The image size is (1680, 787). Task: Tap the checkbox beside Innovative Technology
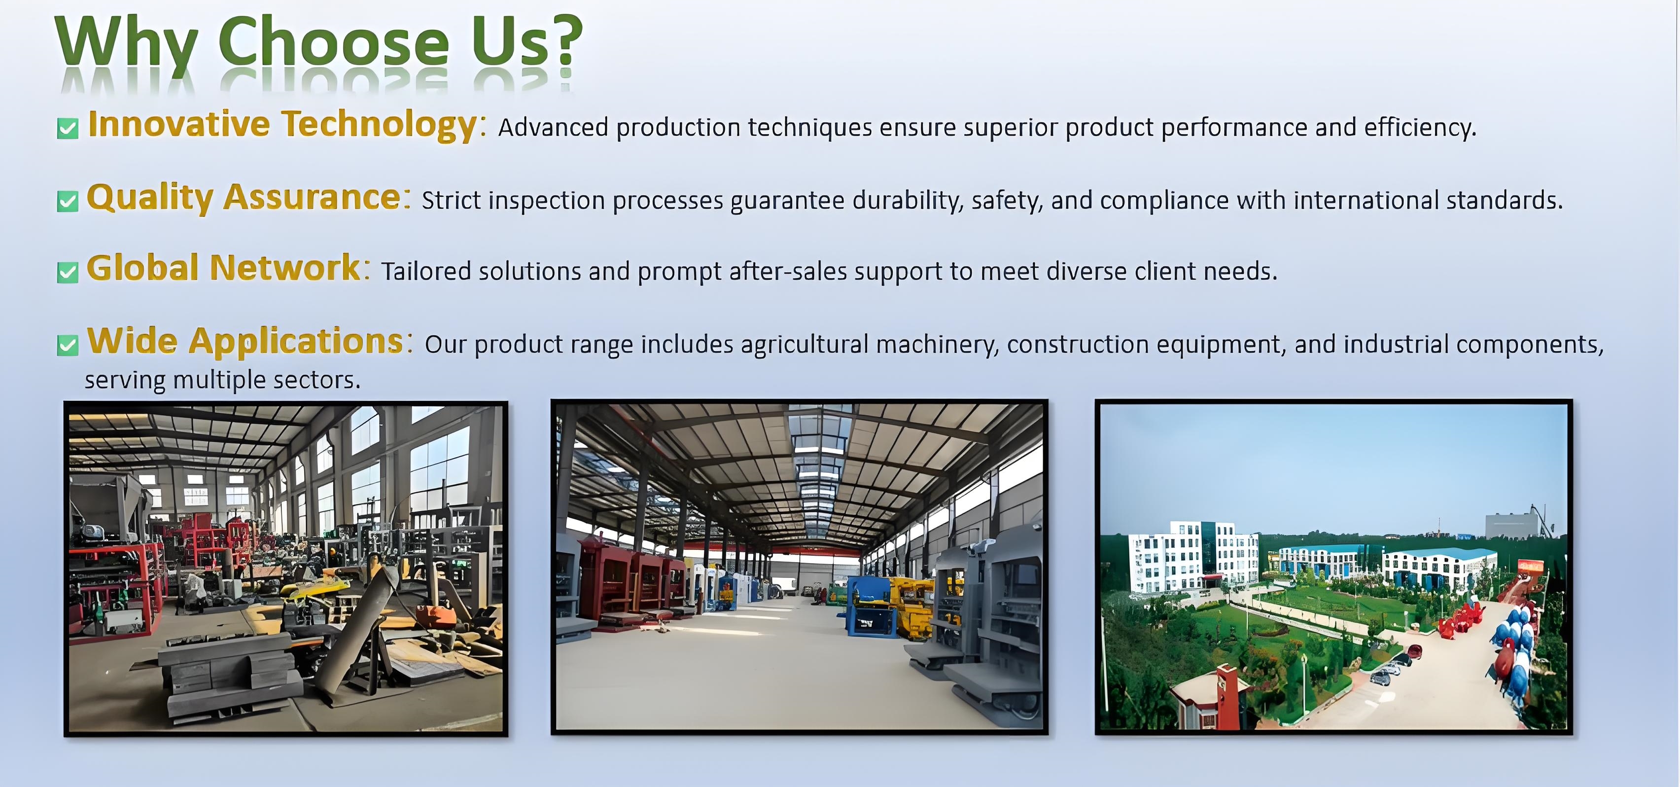pos(68,129)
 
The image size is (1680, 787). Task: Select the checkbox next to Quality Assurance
pos(68,201)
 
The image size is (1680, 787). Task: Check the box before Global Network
pos(68,272)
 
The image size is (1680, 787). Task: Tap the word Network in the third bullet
pos(285,268)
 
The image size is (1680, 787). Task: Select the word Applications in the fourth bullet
pos(297,341)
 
